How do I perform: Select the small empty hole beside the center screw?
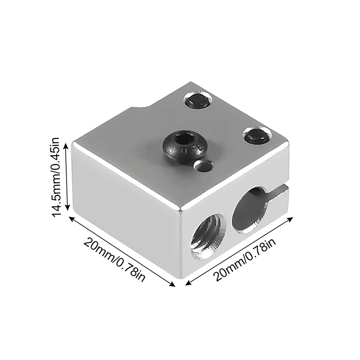(203, 165)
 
